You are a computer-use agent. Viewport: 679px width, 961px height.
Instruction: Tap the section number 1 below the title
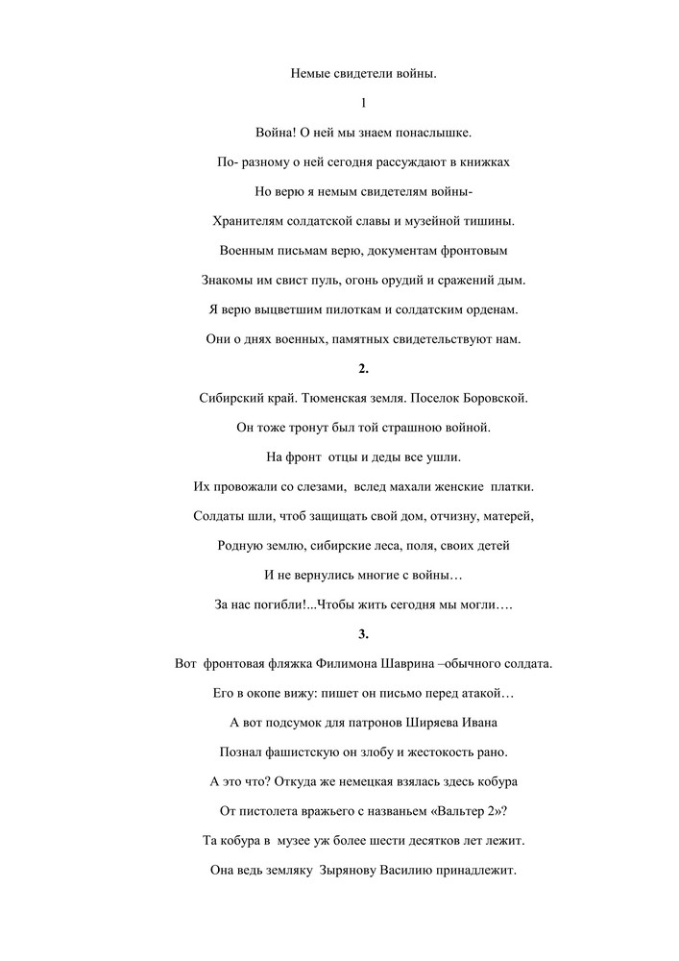pyautogui.click(x=363, y=102)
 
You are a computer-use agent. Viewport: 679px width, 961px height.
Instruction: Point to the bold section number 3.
pyautogui.click(x=363, y=634)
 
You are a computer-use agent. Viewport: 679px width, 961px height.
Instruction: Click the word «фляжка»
pyautogui.click(x=276, y=664)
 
